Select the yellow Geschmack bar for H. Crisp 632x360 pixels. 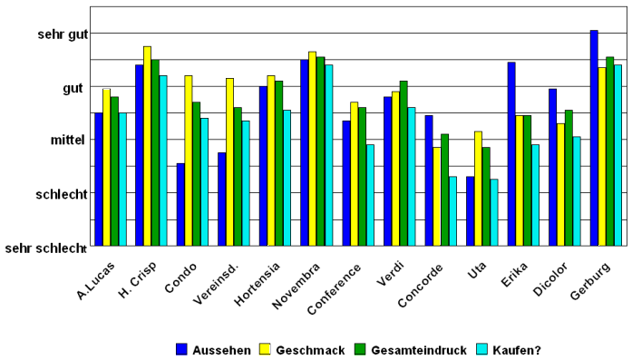point(147,146)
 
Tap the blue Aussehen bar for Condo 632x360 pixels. point(180,204)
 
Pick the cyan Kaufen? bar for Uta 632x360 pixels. point(493,212)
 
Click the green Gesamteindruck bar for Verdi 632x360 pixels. point(403,163)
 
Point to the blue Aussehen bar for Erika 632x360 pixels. point(511,153)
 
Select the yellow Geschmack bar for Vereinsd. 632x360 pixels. point(229,161)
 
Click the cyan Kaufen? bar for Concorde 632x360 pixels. point(452,210)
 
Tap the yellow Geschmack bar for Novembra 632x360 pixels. point(312,149)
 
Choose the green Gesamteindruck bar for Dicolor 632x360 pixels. point(569,178)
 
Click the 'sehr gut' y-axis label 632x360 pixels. point(63,34)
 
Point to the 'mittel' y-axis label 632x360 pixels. point(68,141)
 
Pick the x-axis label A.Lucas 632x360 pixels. point(95,280)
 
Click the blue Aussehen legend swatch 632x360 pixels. point(181,349)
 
